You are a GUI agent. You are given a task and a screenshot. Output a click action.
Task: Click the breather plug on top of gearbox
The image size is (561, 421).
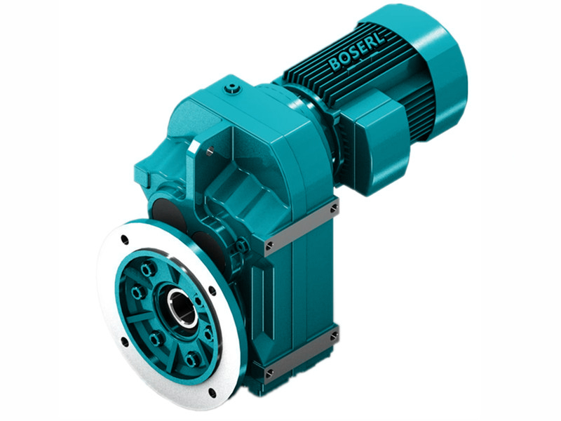232,88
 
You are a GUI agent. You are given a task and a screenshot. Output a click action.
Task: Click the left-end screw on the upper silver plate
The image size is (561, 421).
269,246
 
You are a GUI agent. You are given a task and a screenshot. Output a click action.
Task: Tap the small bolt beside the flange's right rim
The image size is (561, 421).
243,245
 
